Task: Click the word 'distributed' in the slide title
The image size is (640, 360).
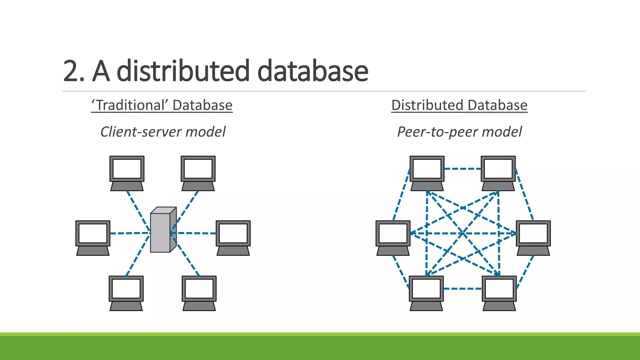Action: point(183,71)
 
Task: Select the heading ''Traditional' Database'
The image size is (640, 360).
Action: point(162,105)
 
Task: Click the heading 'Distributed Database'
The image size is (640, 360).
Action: point(459,105)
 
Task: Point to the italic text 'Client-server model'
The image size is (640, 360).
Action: point(163,132)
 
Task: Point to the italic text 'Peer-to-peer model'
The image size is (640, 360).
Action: point(459,132)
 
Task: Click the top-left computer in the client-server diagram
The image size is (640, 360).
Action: point(127,173)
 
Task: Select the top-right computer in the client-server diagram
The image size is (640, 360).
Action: point(198,173)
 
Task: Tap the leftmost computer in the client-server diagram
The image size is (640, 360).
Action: point(93,237)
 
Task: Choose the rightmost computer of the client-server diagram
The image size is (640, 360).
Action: point(233,237)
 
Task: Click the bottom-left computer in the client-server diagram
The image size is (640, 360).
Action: point(126,292)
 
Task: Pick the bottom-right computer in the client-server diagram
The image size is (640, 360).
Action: point(199,292)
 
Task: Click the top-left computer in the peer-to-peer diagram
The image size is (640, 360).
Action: point(427,173)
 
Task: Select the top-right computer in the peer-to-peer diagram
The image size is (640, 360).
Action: point(498,173)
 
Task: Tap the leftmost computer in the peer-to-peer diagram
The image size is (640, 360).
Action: point(393,237)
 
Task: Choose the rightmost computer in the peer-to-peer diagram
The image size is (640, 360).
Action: point(533,237)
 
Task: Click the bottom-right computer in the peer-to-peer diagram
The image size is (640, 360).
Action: point(499,292)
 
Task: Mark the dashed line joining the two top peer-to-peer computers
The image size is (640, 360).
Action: point(462,169)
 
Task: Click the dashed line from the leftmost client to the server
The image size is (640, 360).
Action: point(130,233)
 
